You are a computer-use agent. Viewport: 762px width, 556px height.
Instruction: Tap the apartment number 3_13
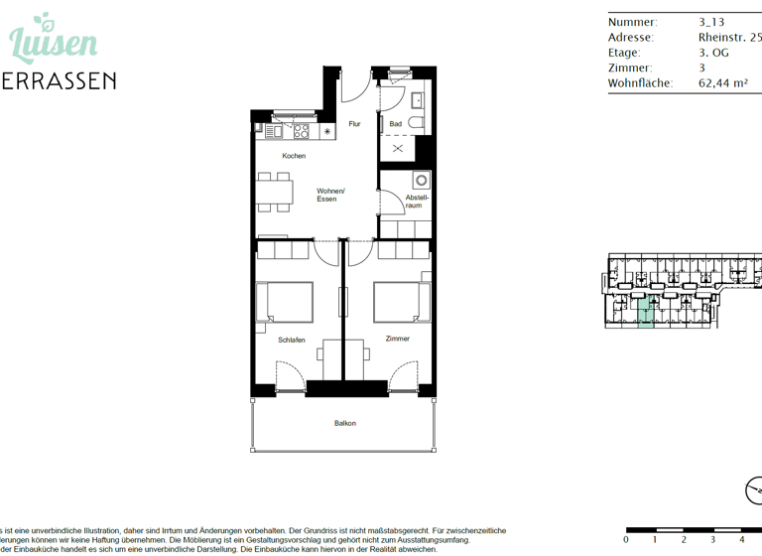[x=711, y=22]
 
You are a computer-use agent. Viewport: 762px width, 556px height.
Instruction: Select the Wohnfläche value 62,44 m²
[x=722, y=83]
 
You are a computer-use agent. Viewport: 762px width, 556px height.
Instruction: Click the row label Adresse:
[x=630, y=38]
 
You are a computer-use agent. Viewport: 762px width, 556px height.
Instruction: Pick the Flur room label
[x=354, y=124]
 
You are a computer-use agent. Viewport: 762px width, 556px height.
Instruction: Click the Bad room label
[x=395, y=124]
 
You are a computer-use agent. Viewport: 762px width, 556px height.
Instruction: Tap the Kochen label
[x=294, y=156]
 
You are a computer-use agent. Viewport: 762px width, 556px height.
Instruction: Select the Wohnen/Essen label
[x=330, y=195]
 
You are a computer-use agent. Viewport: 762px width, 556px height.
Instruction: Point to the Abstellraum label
[x=418, y=202]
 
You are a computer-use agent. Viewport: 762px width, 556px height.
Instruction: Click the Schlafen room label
[x=292, y=340]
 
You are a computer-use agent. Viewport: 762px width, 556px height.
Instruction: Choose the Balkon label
[x=344, y=423]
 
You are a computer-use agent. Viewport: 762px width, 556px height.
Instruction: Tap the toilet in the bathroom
[x=418, y=123]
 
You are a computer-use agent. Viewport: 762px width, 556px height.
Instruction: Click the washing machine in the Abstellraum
[x=422, y=181]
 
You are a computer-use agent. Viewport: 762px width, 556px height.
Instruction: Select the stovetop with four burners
[x=299, y=130]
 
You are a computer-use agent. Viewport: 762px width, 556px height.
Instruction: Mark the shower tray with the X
[x=399, y=148]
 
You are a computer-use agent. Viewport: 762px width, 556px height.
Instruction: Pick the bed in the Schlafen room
[x=285, y=302]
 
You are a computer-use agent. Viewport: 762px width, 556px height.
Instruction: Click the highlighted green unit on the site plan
[x=646, y=313]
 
